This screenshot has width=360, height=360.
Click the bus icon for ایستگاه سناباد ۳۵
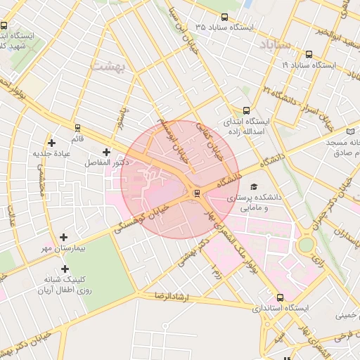coord(224,17)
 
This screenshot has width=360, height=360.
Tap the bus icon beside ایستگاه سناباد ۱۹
coord(309,54)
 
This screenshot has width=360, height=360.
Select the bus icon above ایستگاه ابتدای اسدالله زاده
coord(246,110)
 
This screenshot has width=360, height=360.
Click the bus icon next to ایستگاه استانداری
coord(281,297)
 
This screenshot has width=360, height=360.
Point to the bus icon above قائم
coord(77,127)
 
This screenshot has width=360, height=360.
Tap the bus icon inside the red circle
coord(196,193)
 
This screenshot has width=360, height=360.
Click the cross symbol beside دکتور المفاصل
coord(106,152)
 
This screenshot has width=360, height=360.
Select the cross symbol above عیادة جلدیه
coord(51,143)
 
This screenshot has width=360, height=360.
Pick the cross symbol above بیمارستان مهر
coord(64,238)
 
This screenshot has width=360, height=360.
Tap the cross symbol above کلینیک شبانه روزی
coord(65,269)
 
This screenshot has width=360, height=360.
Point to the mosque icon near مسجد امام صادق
coord(351,131)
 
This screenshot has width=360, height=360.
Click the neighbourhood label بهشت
coord(108,66)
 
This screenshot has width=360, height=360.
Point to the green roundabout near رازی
coord(306,245)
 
